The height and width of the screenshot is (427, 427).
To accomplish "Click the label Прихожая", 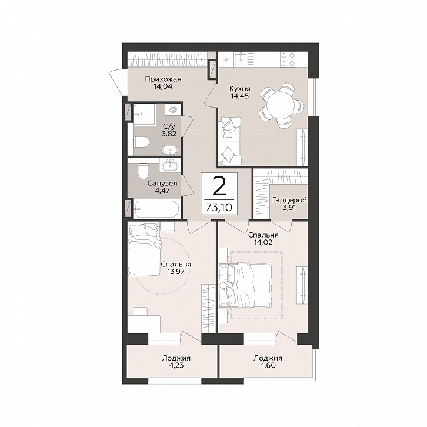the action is tap(163, 79).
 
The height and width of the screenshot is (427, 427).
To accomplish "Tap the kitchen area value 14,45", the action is tap(239, 96).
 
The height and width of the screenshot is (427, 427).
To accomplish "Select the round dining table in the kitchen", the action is tap(281, 106).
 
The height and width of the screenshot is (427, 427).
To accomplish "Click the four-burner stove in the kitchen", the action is tap(288, 59).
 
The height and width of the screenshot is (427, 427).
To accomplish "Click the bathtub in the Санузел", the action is tap(156, 209).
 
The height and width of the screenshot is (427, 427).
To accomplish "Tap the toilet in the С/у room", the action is tap(141, 142).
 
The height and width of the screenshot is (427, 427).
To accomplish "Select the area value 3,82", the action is tap(169, 134).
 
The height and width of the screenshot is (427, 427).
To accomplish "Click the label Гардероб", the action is tap(289, 200).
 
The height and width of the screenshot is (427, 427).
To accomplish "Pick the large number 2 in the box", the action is tap(219, 186).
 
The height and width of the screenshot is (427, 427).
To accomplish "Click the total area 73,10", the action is tap(219, 208).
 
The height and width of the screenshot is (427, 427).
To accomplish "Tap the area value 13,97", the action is tap(176, 271).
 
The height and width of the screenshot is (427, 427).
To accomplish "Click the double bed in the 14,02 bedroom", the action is tap(245, 285).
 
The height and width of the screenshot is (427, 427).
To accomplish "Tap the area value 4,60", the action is tap(268, 365).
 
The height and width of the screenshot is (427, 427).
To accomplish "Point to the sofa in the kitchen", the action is tap(229, 141).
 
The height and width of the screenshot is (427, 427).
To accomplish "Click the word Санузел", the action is tap(162, 183).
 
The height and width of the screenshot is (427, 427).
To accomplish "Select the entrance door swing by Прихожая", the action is tap(116, 82).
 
